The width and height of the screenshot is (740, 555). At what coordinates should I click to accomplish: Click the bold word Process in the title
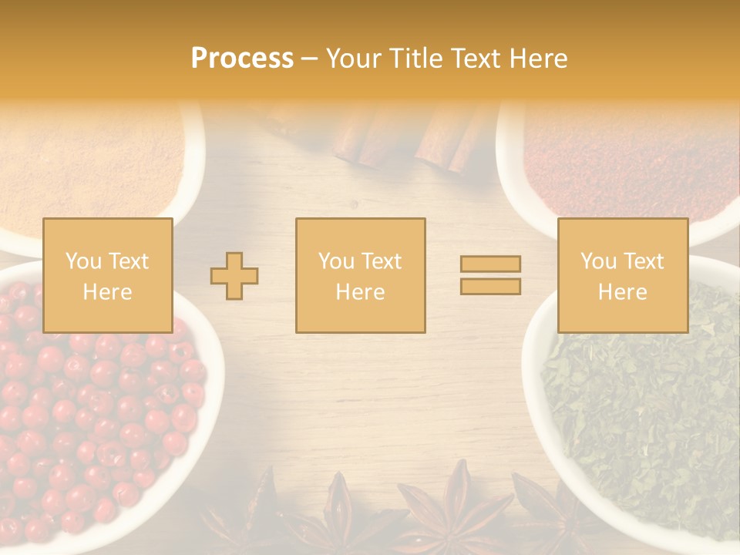[242, 59]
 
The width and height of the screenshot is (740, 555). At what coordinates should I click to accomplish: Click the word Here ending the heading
[536, 59]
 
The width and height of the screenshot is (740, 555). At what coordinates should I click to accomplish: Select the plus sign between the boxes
[234, 276]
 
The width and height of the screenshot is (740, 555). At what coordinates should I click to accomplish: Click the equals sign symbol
[490, 275]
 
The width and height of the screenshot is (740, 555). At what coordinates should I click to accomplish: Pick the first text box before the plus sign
[108, 275]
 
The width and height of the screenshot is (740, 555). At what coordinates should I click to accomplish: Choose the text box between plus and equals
[360, 275]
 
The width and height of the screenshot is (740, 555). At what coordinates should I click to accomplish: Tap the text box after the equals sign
[623, 275]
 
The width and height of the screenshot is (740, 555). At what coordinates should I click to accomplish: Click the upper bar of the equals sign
[490, 264]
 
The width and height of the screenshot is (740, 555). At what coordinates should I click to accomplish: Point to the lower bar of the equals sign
[490, 286]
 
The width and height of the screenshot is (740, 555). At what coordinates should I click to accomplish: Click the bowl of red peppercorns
[92, 416]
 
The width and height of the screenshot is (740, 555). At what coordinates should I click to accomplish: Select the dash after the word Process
[309, 59]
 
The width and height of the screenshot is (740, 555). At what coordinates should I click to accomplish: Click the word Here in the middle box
[360, 292]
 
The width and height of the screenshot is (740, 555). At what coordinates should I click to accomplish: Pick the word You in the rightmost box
[598, 261]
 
